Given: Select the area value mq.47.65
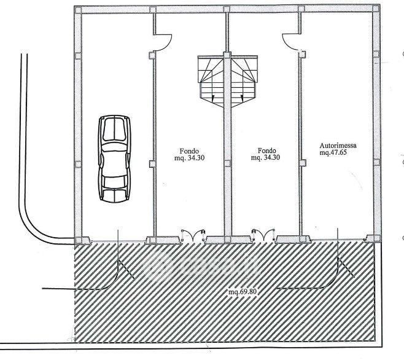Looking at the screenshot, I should tap(334, 154).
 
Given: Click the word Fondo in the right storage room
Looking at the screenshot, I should tap(267, 150).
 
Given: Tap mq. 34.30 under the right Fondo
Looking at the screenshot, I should tap(266, 157).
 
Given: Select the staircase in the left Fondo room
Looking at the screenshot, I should tap(213, 80).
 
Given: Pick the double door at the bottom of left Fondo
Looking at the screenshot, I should tap(190, 235).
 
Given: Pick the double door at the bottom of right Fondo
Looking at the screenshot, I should tap(260, 235).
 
